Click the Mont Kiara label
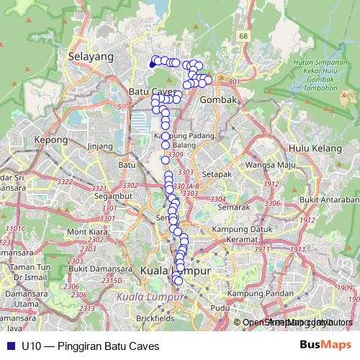[86, 232]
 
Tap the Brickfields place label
[153, 318]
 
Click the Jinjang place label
[100, 146]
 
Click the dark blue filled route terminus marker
[152, 64]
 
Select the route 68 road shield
[244, 36]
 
